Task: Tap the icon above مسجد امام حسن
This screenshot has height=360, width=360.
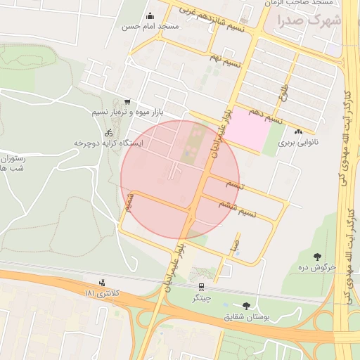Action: point(149,16)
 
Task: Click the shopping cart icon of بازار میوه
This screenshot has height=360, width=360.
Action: point(127,102)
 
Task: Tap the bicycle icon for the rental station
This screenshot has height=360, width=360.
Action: point(108,132)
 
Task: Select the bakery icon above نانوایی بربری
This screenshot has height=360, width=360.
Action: point(298,131)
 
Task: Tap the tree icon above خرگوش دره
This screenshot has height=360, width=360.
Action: point(317,257)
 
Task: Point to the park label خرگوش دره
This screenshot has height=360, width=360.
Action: point(317,268)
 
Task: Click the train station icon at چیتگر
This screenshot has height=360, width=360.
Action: point(202,287)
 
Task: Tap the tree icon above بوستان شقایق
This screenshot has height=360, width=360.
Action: point(246,305)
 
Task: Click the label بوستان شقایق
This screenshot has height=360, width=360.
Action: point(247,317)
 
